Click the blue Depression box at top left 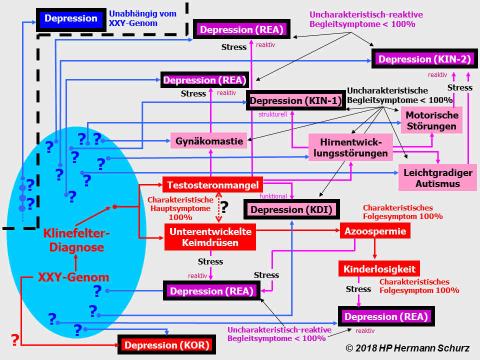click(70, 19)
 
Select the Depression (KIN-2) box click(424, 59)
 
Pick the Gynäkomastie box click(209, 141)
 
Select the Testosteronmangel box click(212, 185)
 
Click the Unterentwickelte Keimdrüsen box click(210, 237)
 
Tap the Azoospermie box click(376, 231)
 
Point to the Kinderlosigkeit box click(379, 269)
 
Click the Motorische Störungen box click(431, 120)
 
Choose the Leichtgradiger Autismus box click(437, 178)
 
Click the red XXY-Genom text click(73, 277)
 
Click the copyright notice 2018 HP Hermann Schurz click(407, 348)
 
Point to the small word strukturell click(272, 114)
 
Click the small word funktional click(273, 196)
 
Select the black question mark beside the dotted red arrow click(224, 206)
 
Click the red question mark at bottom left click(15, 340)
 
